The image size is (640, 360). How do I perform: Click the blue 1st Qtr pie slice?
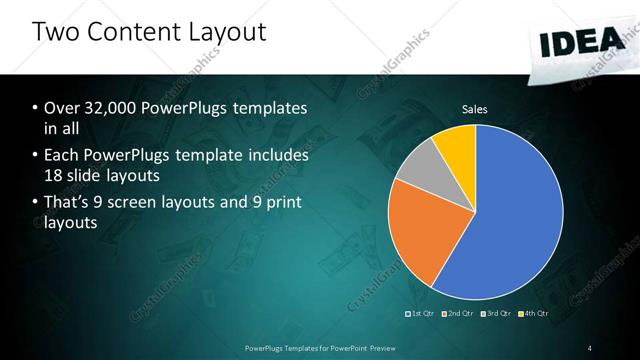coord(510,220)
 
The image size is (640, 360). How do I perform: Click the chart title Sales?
coord(474,109)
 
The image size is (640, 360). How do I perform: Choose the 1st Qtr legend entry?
coord(421,313)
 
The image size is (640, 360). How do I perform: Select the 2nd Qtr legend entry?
coord(459,313)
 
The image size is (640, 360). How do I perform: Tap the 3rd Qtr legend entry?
coord(497,313)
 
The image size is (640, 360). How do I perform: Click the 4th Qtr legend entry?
coord(535,313)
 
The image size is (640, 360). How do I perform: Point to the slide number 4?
coord(589,347)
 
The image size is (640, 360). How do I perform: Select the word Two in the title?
coord(55,32)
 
